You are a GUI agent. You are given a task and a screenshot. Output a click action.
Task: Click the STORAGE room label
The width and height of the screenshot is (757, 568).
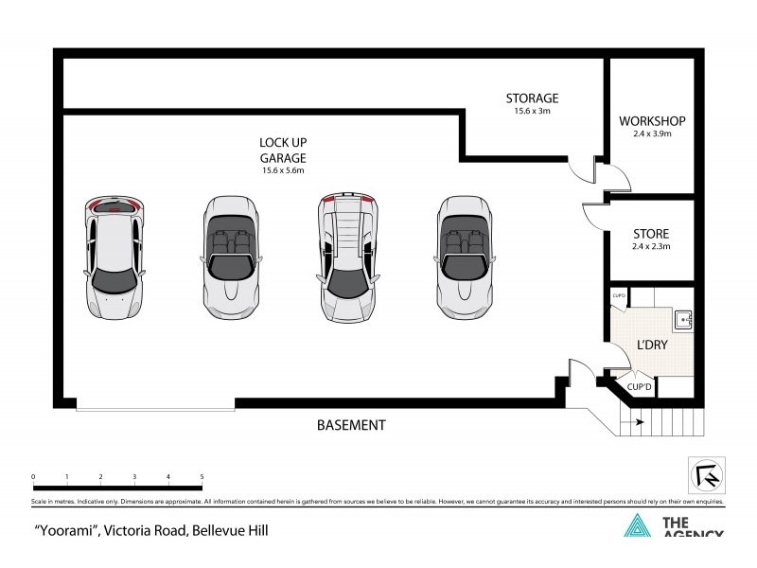click(x=532, y=98)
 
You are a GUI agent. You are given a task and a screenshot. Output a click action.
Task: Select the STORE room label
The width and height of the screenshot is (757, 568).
click(x=651, y=234)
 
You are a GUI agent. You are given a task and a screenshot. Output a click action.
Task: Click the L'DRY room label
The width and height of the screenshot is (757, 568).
click(x=653, y=345)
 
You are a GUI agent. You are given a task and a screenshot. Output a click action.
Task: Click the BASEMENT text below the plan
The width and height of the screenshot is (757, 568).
click(x=351, y=425)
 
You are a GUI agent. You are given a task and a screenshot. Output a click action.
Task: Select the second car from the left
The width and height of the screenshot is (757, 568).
click(x=231, y=258)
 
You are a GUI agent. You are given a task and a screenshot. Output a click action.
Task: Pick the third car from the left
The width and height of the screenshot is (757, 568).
click(x=348, y=258)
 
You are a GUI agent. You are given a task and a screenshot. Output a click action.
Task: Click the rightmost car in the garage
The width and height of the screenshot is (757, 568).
click(x=464, y=258)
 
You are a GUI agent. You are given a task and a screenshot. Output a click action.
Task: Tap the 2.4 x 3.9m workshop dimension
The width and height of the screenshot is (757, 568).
click(x=651, y=134)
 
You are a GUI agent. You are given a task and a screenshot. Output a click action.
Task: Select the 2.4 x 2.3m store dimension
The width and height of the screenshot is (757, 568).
click(x=651, y=246)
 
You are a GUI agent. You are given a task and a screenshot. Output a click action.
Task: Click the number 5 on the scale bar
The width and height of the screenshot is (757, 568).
click(x=202, y=476)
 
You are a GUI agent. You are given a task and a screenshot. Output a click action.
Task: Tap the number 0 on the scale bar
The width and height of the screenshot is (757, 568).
click(x=33, y=476)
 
